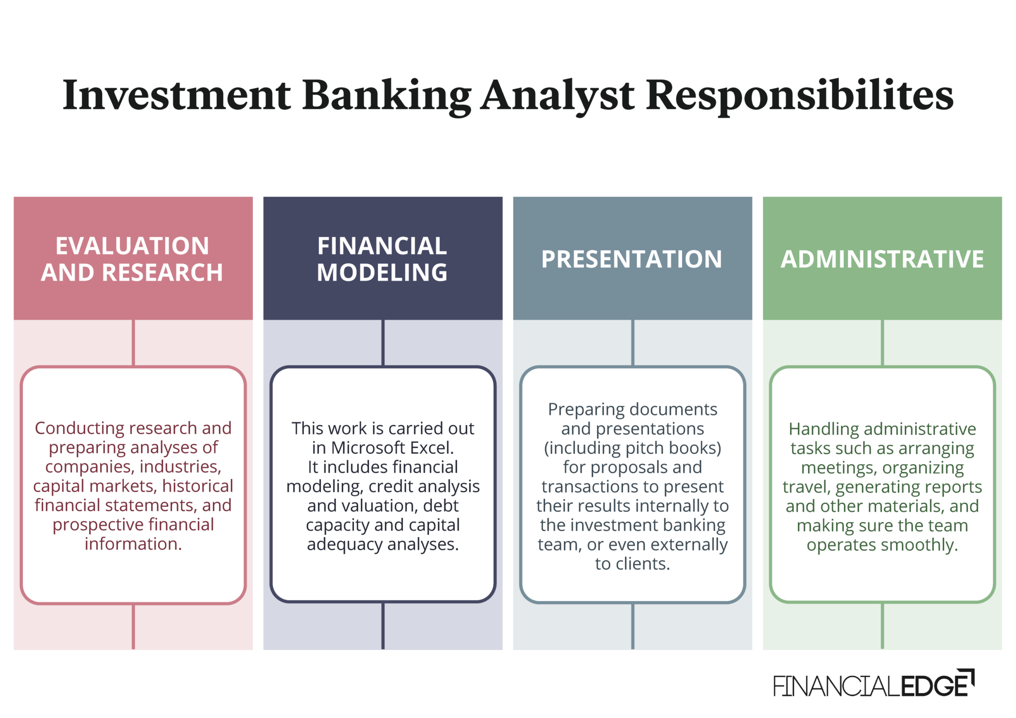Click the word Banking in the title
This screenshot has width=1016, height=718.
[x=386, y=95]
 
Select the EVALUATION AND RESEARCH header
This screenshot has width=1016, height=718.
[x=132, y=259]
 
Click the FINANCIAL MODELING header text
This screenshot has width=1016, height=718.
[x=382, y=259]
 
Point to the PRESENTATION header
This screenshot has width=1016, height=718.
[x=632, y=259]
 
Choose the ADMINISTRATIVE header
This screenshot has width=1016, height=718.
[x=882, y=259]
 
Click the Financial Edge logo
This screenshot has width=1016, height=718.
[x=873, y=685]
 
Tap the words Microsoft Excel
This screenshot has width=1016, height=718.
[x=392, y=448]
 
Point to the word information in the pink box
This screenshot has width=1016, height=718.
[x=133, y=544]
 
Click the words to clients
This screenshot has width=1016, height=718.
[x=633, y=564]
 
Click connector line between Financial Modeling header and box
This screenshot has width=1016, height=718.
[x=382, y=343]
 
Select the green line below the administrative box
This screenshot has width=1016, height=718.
[x=882, y=626]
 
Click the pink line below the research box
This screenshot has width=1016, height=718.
[x=133, y=626]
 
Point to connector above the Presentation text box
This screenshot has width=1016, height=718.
[x=633, y=343]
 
